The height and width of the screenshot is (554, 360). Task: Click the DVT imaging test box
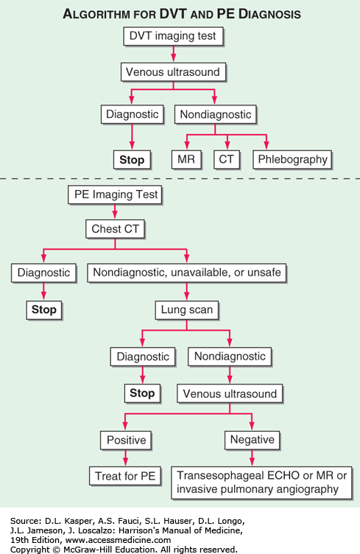click(173, 36)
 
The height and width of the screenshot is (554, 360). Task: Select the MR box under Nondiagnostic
click(186, 159)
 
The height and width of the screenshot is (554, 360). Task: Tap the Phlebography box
click(292, 159)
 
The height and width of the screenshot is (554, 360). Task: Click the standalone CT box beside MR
click(227, 159)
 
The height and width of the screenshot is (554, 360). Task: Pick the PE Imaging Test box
click(115, 194)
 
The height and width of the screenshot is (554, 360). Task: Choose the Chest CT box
click(115, 229)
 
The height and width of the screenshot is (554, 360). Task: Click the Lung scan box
click(187, 310)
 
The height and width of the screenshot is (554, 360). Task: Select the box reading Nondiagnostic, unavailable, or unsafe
click(187, 273)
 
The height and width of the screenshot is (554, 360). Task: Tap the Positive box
click(126, 441)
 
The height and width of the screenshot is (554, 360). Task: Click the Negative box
click(252, 440)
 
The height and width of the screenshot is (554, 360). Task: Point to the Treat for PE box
click(125, 476)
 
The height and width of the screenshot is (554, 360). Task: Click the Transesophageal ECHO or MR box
click(261, 483)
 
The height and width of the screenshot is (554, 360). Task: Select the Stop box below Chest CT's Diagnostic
click(43, 310)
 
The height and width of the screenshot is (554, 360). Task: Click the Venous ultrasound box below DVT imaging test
click(173, 72)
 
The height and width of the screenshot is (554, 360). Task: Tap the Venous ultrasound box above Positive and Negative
click(230, 393)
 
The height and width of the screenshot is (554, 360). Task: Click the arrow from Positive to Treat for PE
click(126, 458)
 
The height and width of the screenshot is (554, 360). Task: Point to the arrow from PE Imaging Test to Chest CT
click(115, 211)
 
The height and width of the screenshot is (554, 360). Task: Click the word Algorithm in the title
click(96, 14)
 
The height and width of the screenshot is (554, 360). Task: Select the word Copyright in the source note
click(30, 550)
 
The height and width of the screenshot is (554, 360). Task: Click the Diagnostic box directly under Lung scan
click(143, 357)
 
